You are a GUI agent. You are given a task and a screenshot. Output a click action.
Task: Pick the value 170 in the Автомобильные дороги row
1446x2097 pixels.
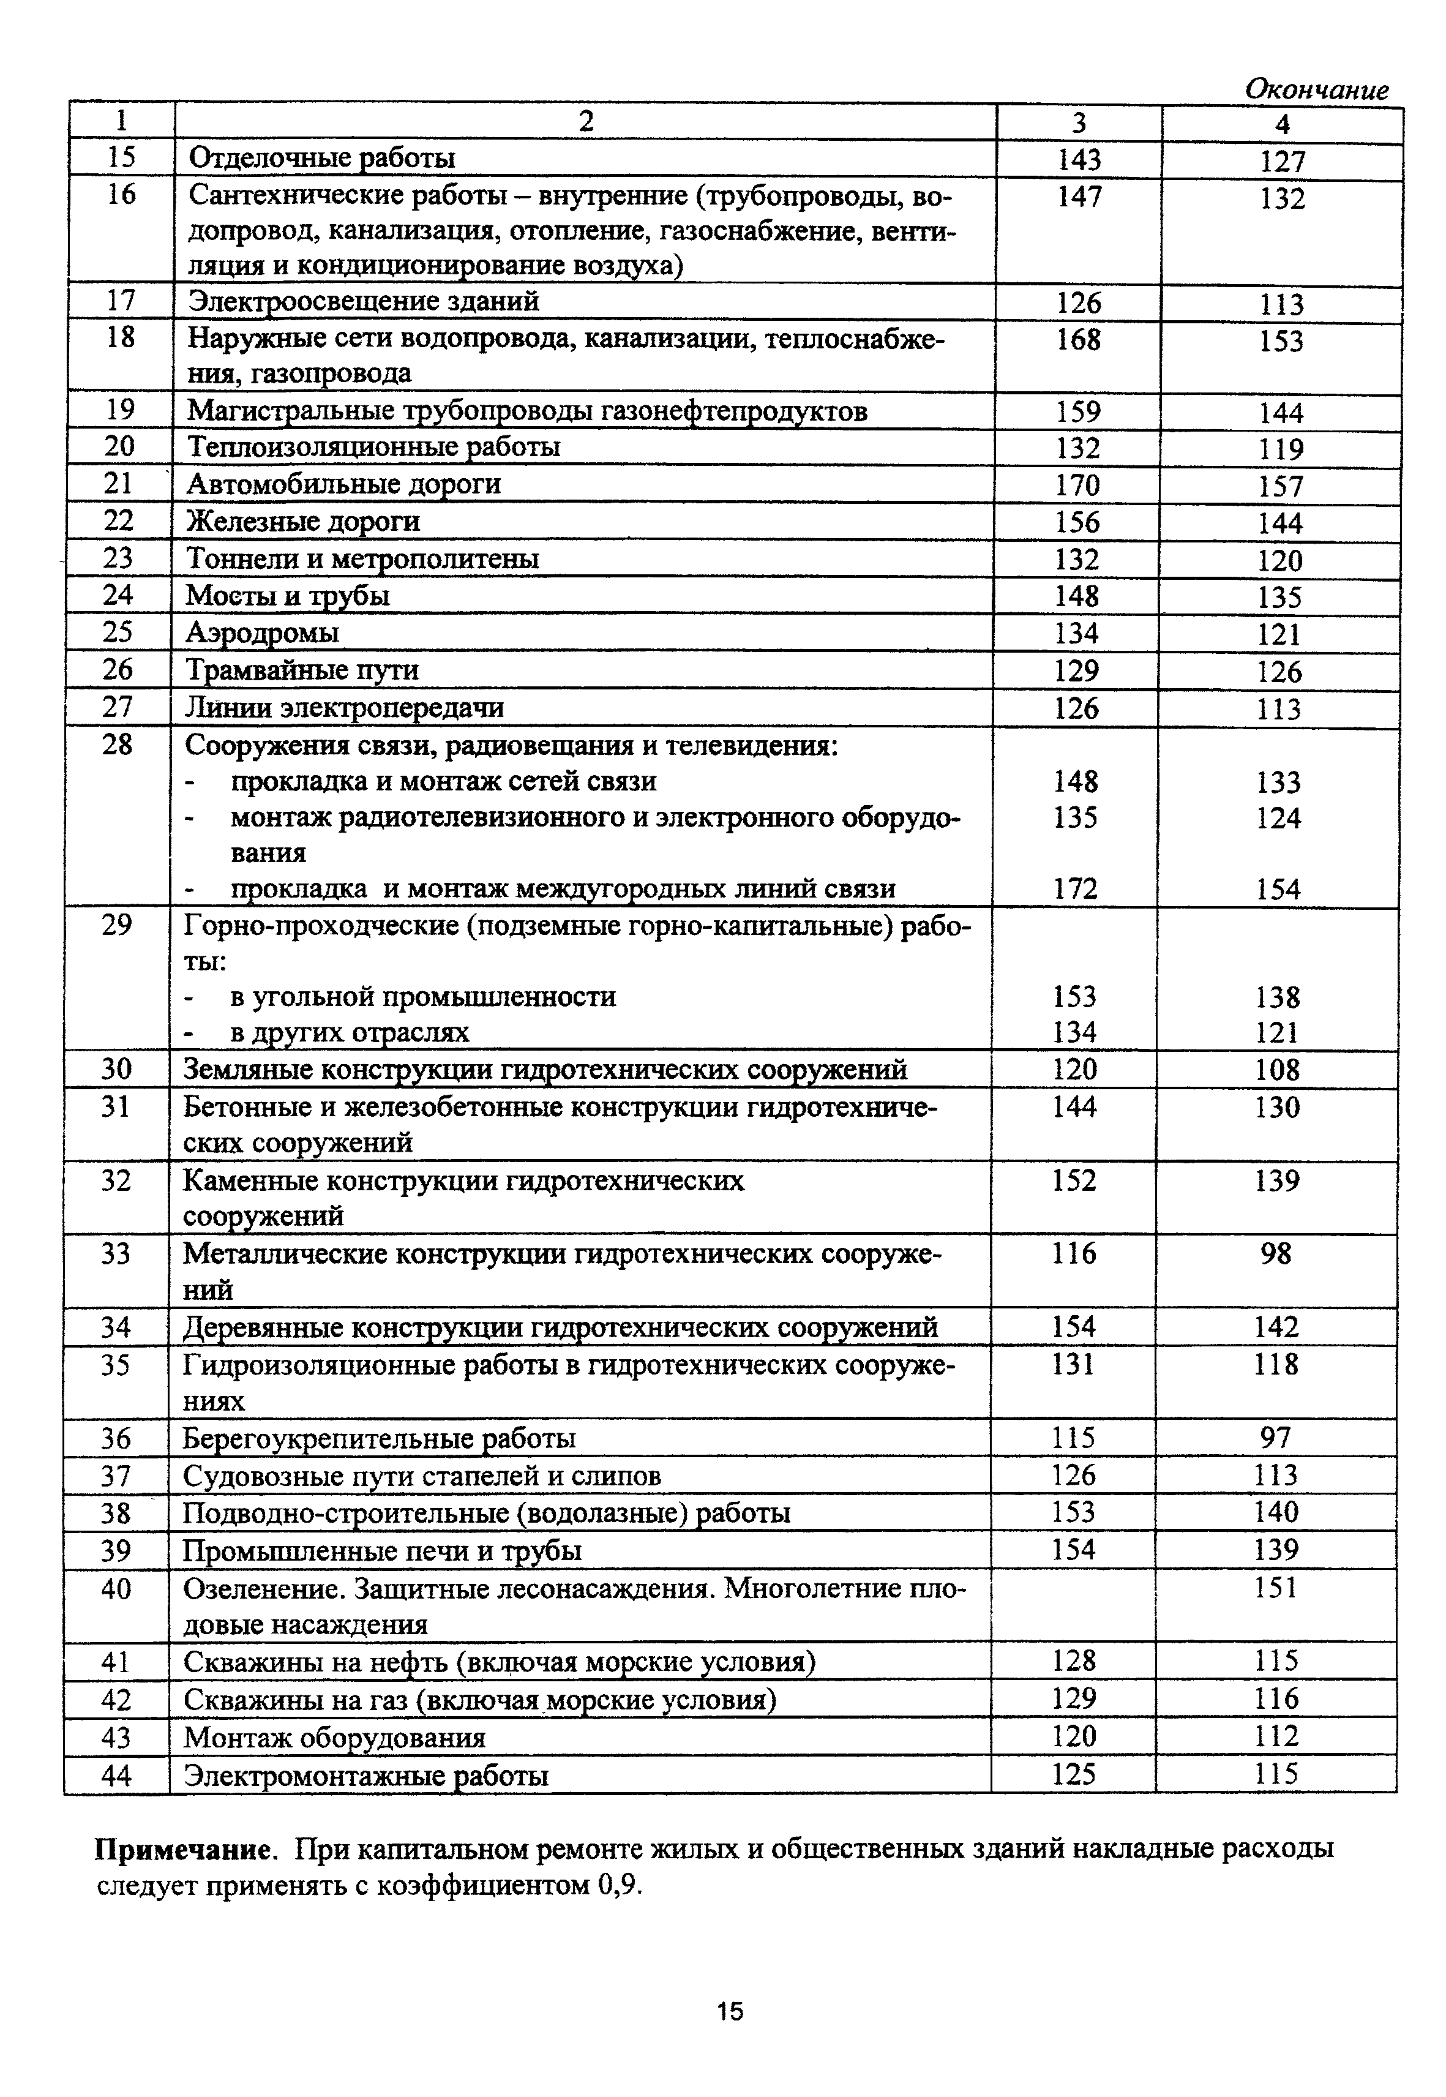(1077, 486)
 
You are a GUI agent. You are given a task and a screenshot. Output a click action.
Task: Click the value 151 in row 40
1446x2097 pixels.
(1276, 1588)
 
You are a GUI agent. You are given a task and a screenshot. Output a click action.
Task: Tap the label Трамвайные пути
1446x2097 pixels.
(302, 670)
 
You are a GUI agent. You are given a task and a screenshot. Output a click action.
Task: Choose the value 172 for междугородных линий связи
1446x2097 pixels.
(1076, 889)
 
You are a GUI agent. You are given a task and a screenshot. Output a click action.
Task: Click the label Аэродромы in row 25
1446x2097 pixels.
(263, 632)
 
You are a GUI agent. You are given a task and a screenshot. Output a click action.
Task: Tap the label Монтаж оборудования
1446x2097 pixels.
(334, 1737)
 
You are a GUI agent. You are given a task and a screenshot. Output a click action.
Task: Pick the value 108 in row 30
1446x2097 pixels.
(1276, 1070)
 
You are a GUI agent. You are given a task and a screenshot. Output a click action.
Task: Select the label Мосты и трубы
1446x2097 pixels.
(288, 595)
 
